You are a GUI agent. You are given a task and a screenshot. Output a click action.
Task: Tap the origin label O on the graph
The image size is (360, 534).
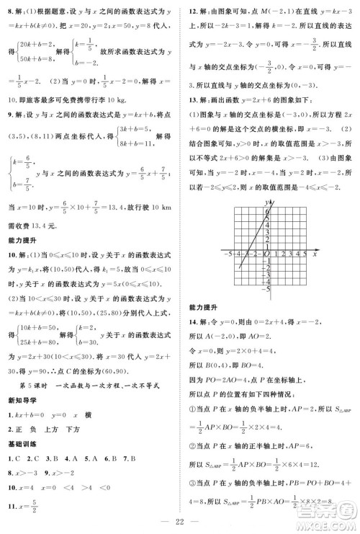(x=266, y=254)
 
